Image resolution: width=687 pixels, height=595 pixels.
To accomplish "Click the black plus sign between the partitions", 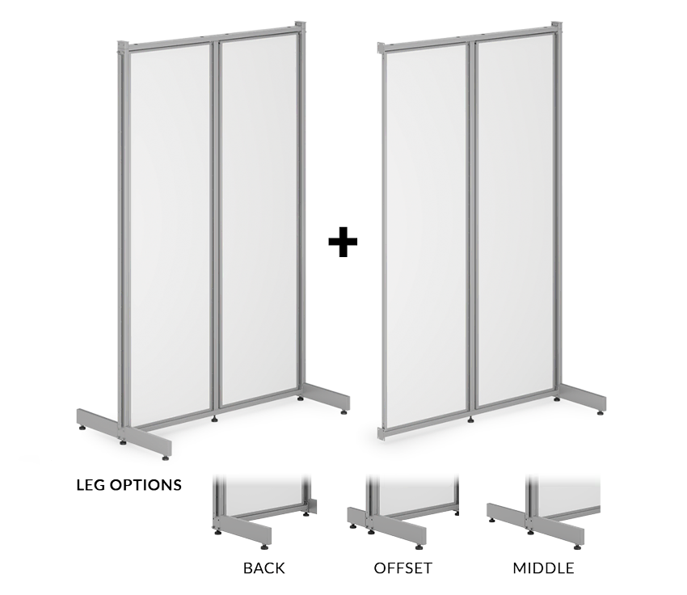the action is (343, 242).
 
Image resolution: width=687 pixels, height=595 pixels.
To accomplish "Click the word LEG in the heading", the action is (91, 485).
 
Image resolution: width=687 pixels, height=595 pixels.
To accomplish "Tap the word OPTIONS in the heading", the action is (145, 485).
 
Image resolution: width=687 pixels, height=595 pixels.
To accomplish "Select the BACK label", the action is (263, 568).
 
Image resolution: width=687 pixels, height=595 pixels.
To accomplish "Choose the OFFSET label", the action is (403, 568).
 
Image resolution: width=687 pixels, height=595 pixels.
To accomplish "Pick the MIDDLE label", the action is (543, 568).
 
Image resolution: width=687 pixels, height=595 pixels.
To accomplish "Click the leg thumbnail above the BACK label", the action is (264, 511).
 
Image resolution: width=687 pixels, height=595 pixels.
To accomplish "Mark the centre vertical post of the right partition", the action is (471, 227).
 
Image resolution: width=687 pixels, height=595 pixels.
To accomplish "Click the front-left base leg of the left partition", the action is (124, 433).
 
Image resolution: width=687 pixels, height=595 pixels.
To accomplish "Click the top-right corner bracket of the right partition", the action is (557, 27).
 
